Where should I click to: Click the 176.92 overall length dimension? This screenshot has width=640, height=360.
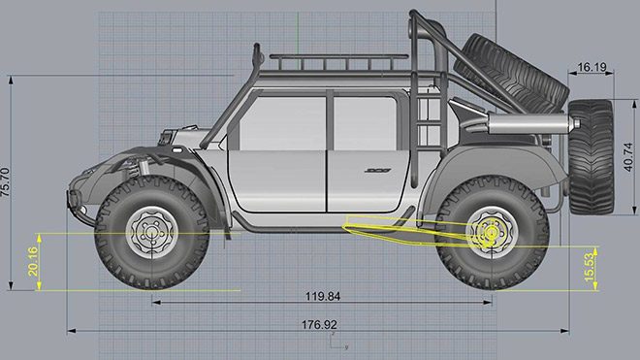319,325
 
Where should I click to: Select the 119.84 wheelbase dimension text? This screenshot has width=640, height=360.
323,296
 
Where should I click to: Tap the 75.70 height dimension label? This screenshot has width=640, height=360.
6,182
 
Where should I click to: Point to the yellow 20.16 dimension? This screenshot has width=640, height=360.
33,262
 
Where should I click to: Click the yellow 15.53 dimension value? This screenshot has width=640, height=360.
590,267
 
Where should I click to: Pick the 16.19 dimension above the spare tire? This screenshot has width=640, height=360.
592,67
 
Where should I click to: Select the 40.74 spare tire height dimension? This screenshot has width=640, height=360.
628,157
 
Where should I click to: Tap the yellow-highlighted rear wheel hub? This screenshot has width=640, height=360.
491,233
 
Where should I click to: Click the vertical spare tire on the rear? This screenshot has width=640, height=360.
591,157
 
